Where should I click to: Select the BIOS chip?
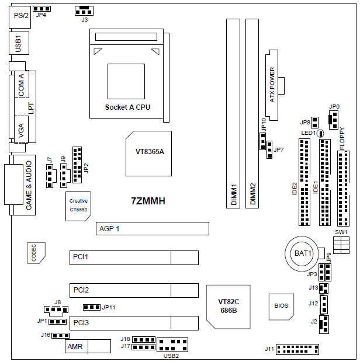(x=281, y=307)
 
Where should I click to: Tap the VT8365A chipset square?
(x=148, y=154)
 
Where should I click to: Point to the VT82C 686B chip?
(x=229, y=307)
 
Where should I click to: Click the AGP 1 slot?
(x=153, y=228)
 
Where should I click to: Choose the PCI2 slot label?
(x=81, y=290)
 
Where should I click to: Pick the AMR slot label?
(x=75, y=347)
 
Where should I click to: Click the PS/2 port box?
(x=20, y=17)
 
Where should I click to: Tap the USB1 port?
(x=19, y=43)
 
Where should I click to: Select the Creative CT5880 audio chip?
(x=78, y=206)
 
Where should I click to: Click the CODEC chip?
(x=36, y=253)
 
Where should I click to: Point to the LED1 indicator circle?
(x=320, y=133)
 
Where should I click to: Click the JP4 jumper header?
(x=42, y=9)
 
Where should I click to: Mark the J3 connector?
(x=84, y=11)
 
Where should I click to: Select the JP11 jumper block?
(x=92, y=307)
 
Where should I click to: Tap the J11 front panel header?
(x=297, y=349)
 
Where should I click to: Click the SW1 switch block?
(x=341, y=245)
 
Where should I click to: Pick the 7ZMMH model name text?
(x=148, y=201)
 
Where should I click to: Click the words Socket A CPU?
(x=127, y=107)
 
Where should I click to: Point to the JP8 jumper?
(x=315, y=123)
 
